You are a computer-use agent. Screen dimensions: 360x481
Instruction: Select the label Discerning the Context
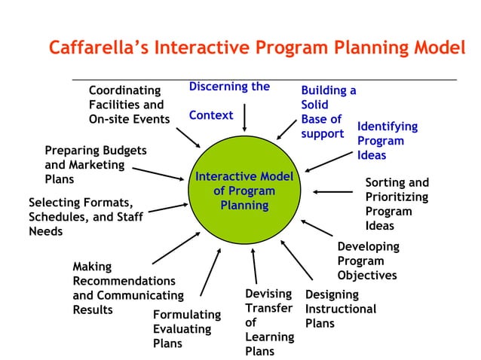(229, 101)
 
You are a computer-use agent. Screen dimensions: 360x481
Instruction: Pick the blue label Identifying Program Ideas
(387, 141)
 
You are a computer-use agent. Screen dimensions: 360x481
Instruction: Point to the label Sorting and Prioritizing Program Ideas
(397, 203)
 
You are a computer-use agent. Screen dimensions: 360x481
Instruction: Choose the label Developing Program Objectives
(368, 261)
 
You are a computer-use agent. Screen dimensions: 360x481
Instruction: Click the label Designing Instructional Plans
(340, 309)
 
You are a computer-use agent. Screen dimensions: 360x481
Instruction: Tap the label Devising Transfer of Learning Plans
(268, 322)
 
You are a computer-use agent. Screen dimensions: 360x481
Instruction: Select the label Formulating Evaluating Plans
(186, 328)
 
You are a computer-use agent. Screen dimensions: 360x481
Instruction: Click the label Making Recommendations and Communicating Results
(127, 288)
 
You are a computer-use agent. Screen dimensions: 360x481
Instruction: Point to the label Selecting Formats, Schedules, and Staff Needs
(85, 217)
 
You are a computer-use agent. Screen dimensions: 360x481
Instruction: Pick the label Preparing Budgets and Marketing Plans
(95, 165)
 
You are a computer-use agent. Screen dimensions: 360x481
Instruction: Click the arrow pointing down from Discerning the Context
(244, 118)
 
